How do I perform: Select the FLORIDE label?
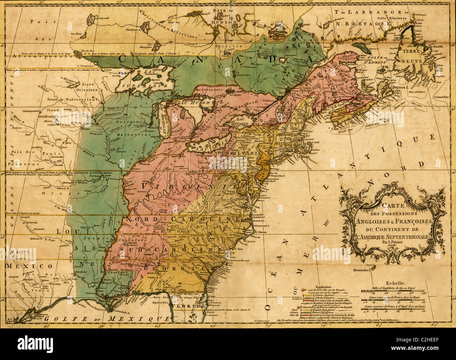point(193,306)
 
